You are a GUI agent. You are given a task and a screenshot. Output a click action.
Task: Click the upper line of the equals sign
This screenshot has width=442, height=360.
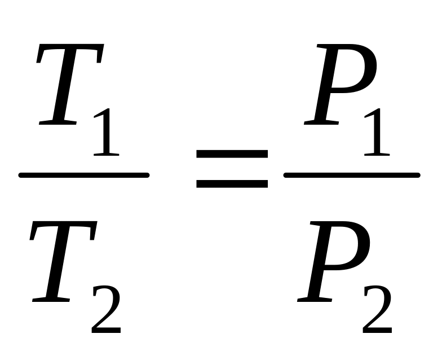[231, 152]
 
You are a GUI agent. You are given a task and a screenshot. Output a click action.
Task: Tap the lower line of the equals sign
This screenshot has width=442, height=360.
[231, 183]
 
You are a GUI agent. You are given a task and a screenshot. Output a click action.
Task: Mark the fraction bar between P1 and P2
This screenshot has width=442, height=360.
[352, 175]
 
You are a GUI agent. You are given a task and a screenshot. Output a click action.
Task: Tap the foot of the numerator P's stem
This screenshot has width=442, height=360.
[319, 123]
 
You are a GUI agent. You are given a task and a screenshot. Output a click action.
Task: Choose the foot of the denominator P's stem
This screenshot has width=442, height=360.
[312, 300]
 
